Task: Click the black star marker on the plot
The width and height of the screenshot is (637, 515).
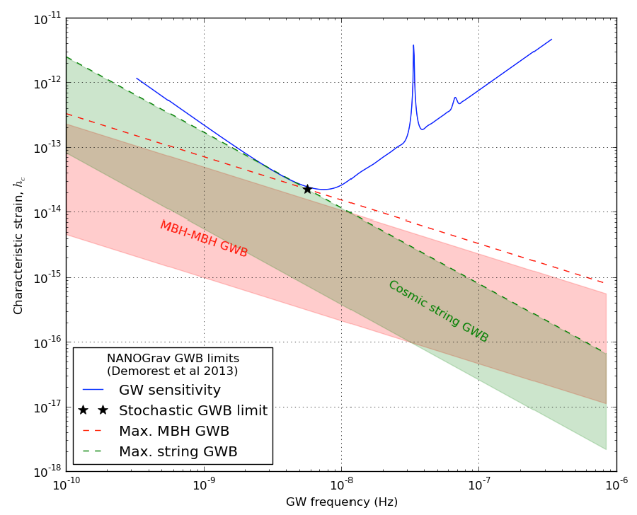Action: [307, 189]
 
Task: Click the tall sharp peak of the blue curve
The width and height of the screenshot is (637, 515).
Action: [413, 46]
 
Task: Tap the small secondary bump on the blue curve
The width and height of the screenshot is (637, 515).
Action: [455, 98]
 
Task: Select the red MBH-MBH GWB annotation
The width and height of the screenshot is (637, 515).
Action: [204, 239]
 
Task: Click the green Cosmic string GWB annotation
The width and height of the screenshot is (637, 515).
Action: [438, 312]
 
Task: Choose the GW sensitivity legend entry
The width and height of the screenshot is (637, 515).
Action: [169, 390]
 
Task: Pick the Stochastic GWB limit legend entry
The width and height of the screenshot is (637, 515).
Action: [193, 411]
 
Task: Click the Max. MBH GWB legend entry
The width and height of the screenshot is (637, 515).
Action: [173, 431]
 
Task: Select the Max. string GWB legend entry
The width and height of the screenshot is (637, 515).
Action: [178, 451]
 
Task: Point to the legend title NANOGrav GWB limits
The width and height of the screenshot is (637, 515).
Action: [173, 359]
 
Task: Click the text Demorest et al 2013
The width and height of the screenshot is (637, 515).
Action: [173, 371]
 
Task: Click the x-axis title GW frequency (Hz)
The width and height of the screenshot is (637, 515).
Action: [342, 502]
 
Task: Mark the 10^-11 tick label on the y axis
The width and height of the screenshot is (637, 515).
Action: [46, 19]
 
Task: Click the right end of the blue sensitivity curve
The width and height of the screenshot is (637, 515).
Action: [551, 40]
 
